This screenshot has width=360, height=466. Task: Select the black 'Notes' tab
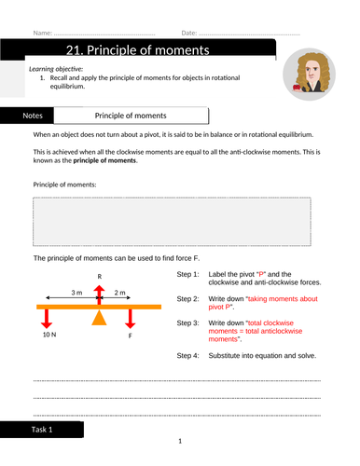32,116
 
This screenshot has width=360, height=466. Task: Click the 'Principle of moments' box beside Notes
131,116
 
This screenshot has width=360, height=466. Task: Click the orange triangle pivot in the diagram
99,320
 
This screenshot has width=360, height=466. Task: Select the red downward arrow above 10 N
45,320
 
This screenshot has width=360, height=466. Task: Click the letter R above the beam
99,277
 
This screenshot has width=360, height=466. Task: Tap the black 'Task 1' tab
43,430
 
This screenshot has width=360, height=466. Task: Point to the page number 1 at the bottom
180,441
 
